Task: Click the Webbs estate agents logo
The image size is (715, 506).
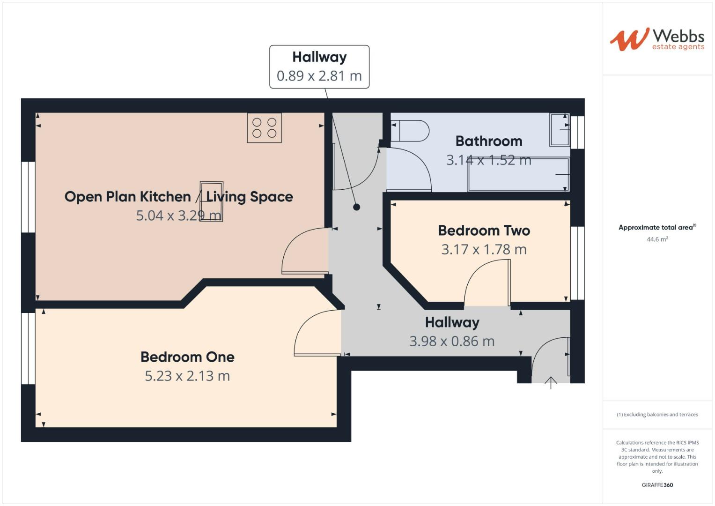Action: click(656, 39)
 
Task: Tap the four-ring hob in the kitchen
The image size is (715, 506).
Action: click(264, 128)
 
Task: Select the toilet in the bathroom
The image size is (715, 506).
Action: click(410, 131)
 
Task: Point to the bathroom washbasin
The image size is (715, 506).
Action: click(560, 130)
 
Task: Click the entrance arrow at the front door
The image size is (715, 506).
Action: click(551, 383)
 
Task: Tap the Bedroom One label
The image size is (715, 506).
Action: click(187, 357)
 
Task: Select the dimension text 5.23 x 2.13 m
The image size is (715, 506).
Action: click(187, 376)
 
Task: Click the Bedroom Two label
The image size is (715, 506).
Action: click(484, 231)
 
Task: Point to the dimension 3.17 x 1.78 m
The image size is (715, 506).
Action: click(484, 250)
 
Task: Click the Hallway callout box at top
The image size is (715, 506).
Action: click(319, 67)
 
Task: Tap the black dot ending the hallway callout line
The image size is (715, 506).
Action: click(356, 207)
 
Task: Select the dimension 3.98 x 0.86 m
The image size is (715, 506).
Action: click(452, 342)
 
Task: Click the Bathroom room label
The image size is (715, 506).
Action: click(488, 141)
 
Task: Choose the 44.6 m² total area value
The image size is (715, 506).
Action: click(657, 239)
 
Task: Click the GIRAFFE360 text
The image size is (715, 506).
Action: click(657, 485)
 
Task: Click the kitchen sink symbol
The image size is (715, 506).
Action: click(211, 201)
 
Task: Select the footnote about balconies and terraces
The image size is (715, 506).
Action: click(657, 415)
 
